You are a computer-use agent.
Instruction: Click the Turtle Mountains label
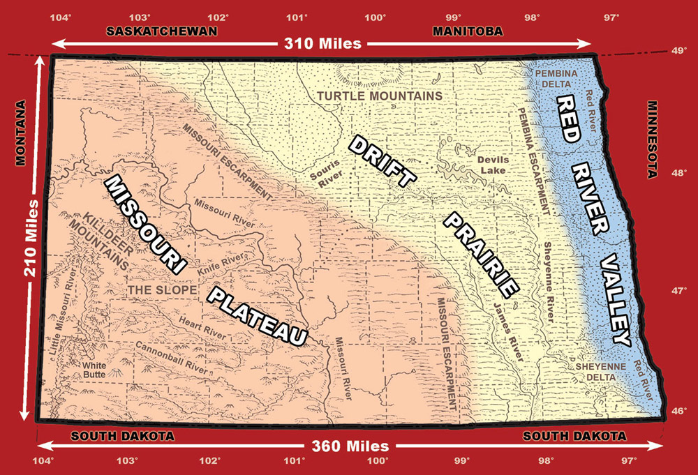pos(379,96)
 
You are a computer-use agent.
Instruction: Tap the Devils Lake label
pos(493,165)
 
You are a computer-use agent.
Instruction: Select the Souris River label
pos(325,174)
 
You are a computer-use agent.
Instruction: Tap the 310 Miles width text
pos(322,44)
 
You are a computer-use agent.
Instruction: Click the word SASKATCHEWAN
pos(161,31)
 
